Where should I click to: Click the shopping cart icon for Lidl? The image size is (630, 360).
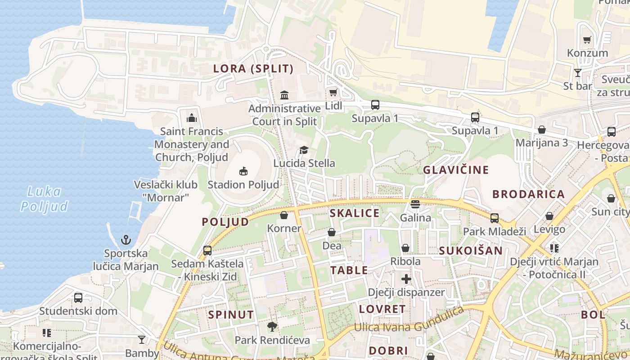[333, 93]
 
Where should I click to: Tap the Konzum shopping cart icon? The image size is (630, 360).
[587, 40]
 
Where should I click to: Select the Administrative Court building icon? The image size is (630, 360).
[284, 95]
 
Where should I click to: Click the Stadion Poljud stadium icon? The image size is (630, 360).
[243, 171]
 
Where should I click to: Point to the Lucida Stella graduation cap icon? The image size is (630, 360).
[304, 149]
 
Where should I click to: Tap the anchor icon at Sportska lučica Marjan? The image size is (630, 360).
[126, 239]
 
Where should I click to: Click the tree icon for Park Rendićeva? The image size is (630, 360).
[272, 327]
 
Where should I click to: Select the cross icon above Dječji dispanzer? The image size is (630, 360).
[406, 279]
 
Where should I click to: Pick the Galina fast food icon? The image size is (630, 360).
[415, 204]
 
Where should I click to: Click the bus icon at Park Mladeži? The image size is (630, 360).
[495, 218]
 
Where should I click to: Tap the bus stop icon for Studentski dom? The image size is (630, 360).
[78, 297]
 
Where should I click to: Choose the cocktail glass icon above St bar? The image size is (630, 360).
[578, 72]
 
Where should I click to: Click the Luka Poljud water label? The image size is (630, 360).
[44, 199]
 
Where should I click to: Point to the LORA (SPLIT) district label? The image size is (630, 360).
[253, 69]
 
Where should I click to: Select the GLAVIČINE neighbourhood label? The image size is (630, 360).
[455, 170]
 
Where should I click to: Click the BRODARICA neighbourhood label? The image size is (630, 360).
[528, 194]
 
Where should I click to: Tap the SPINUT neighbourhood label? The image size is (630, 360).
[231, 315]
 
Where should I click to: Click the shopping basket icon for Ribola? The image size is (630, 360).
[405, 248]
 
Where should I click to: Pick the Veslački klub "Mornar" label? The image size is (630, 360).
[166, 191]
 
